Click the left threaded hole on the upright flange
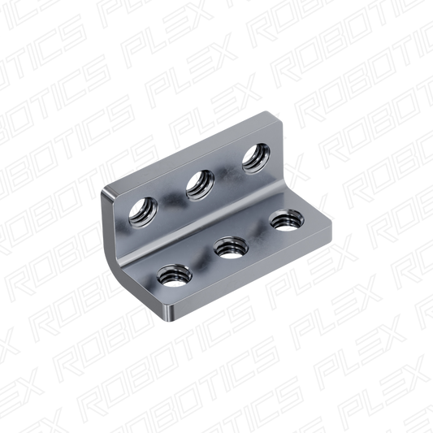pos(143,212)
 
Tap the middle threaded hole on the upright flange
pos(200,185)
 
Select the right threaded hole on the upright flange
pos(256,158)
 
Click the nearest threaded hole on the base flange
pos(174,275)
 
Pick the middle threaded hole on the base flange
pos(232,248)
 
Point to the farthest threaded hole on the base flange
pos(287,220)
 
